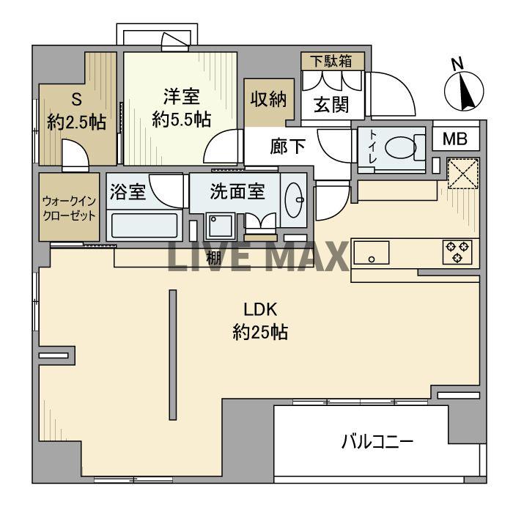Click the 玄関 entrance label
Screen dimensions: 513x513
pos(331,105)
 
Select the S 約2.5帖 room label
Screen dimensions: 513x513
pos(75,111)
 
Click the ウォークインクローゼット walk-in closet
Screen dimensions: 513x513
pos(68,206)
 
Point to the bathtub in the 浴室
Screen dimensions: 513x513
pos(143,224)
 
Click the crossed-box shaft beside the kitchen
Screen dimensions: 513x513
pos(463,174)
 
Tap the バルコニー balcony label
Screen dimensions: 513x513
pos(377,442)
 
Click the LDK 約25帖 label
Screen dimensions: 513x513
pos(259,320)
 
